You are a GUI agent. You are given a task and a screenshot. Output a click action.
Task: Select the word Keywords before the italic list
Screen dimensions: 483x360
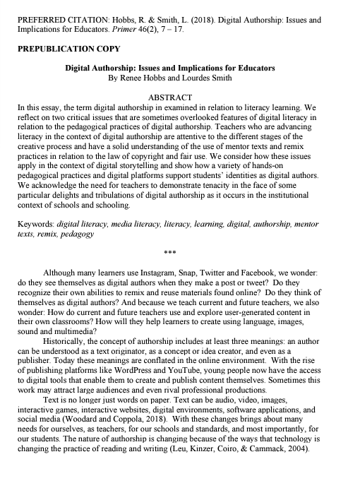pyautogui.click(x=35, y=222)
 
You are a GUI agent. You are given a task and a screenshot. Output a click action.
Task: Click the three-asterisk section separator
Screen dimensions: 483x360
pyautogui.click(x=181, y=252)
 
